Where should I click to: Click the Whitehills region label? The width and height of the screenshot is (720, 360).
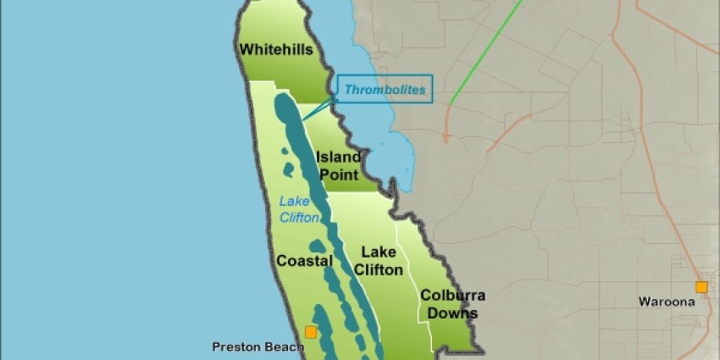(276, 50)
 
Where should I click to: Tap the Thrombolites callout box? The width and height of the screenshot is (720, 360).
(385, 88)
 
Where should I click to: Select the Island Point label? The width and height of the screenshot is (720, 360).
(338, 165)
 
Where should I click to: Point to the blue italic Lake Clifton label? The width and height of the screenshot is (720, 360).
(300, 209)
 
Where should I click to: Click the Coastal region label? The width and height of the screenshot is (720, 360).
(304, 261)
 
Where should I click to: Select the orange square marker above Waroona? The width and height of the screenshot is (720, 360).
(701, 287)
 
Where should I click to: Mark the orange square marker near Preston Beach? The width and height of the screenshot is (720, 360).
(311, 332)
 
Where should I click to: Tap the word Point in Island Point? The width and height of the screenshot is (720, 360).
(338, 174)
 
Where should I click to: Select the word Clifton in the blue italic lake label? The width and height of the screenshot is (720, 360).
(300, 218)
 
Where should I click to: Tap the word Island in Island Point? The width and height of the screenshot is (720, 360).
(339, 157)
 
